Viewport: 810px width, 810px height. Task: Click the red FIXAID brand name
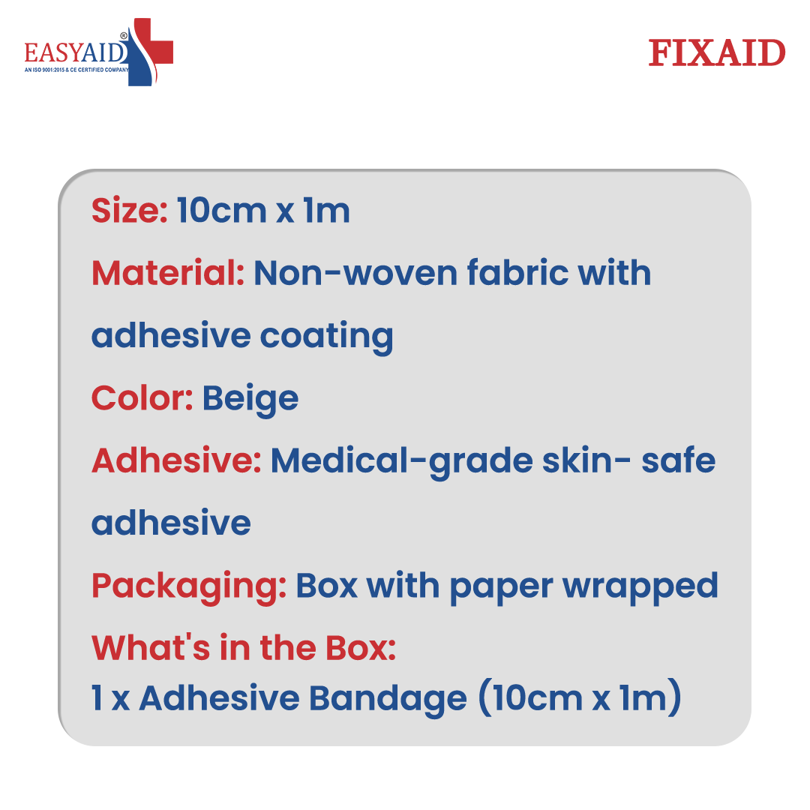coord(716,52)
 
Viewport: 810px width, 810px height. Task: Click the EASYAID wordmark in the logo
coord(75,52)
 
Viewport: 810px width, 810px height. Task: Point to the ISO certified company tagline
coord(76,70)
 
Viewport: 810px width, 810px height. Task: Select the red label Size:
coord(130,210)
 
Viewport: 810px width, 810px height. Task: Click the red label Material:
coord(168,273)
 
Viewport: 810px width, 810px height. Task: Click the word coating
coord(326,337)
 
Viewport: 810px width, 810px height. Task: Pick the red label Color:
coord(142,398)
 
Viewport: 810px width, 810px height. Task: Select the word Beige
coord(250,400)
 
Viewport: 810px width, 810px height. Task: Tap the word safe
coord(678,460)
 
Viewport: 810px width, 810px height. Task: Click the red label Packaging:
coord(189,587)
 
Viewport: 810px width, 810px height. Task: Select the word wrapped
coord(640,587)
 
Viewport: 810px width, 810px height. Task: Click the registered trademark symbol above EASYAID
coord(124,36)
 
